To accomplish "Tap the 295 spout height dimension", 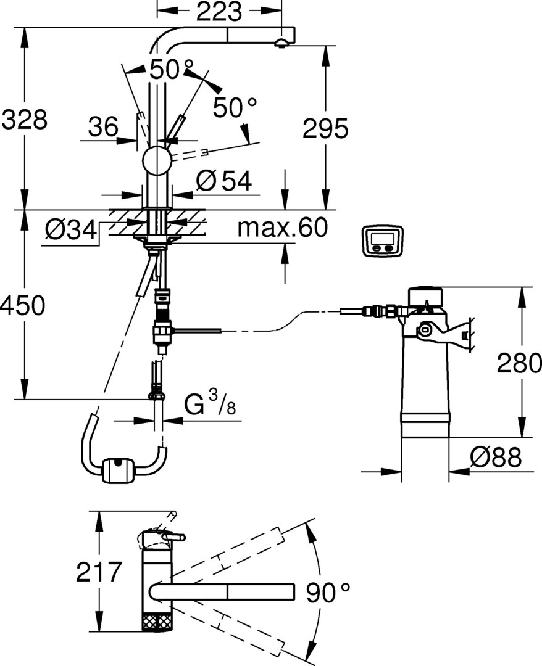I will [325, 128].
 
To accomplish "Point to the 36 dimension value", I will [102, 127].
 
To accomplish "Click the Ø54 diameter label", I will [223, 181].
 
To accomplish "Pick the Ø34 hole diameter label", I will [71, 231].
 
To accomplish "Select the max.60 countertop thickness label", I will [281, 228].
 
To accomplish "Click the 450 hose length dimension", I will [23, 305].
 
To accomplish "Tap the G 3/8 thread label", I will [211, 406].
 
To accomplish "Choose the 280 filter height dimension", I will [519, 364].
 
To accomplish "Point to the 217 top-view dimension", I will [99, 572].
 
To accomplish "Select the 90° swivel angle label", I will [328, 593].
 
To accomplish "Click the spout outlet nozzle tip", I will [281, 43].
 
